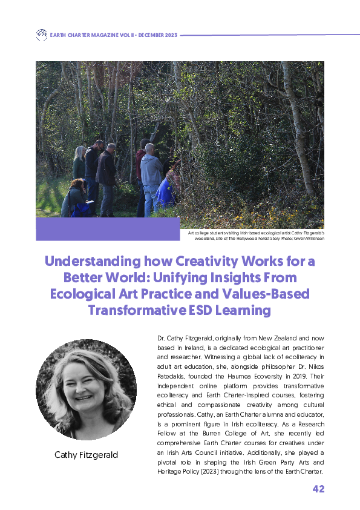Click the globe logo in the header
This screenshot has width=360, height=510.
point(41,35)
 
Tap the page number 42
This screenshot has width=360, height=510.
point(318,489)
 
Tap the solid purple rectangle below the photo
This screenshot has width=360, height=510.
point(108,229)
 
